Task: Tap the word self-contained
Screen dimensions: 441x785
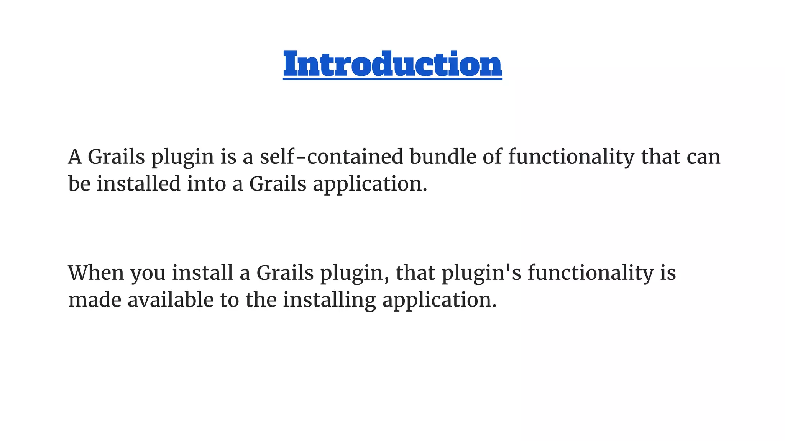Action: [332, 157]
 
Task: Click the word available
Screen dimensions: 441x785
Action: [170, 300]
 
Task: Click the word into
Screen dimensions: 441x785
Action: [206, 184]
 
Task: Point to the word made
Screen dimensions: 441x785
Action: [95, 300]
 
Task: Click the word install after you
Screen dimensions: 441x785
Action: [203, 273]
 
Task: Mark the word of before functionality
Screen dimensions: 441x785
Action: [492, 157]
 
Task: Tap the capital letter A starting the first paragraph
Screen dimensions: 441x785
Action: [75, 157]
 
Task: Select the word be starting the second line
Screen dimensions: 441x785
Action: [79, 184]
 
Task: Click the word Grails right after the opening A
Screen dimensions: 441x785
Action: [116, 157]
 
